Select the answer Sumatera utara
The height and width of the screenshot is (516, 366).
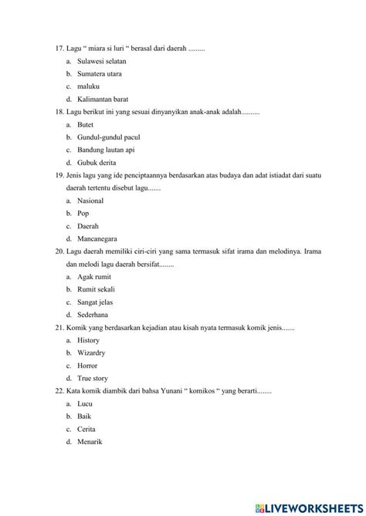pos(99,74)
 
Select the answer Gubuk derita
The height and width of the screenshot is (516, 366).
pos(97,163)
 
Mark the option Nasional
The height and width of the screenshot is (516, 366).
pos(90,201)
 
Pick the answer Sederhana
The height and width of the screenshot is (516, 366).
pos(93,315)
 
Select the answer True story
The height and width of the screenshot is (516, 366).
pos(93,378)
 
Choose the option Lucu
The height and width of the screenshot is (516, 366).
pos(85,403)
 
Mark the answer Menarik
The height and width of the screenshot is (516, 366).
pos(90,441)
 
